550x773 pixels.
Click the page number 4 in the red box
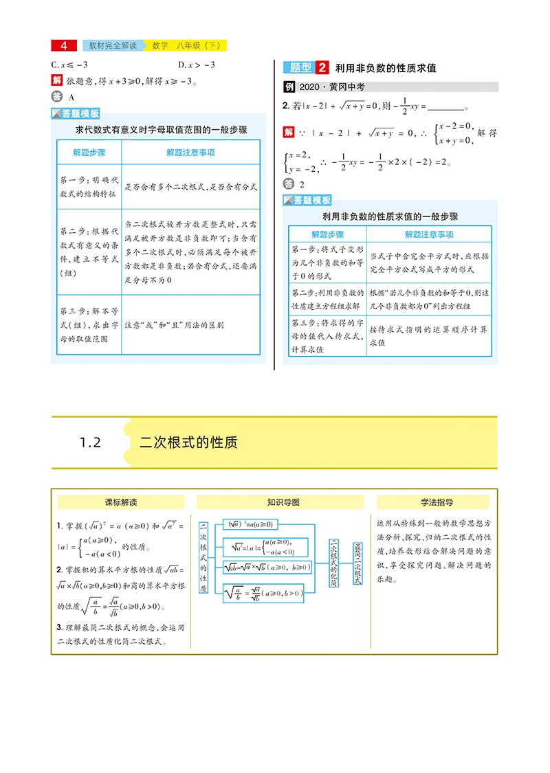click(x=64, y=46)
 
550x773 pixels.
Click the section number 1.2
click(x=90, y=442)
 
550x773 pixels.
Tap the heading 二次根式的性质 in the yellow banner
click(x=188, y=442)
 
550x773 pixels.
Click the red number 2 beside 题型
click(x=322, y=67)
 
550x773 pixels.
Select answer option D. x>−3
click(x=197, y=65)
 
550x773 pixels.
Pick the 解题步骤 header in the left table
click(x=89, y=153)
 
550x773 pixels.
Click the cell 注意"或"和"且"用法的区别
click(x=174, y=325)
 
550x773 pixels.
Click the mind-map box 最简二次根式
click(x=357, y=563)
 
